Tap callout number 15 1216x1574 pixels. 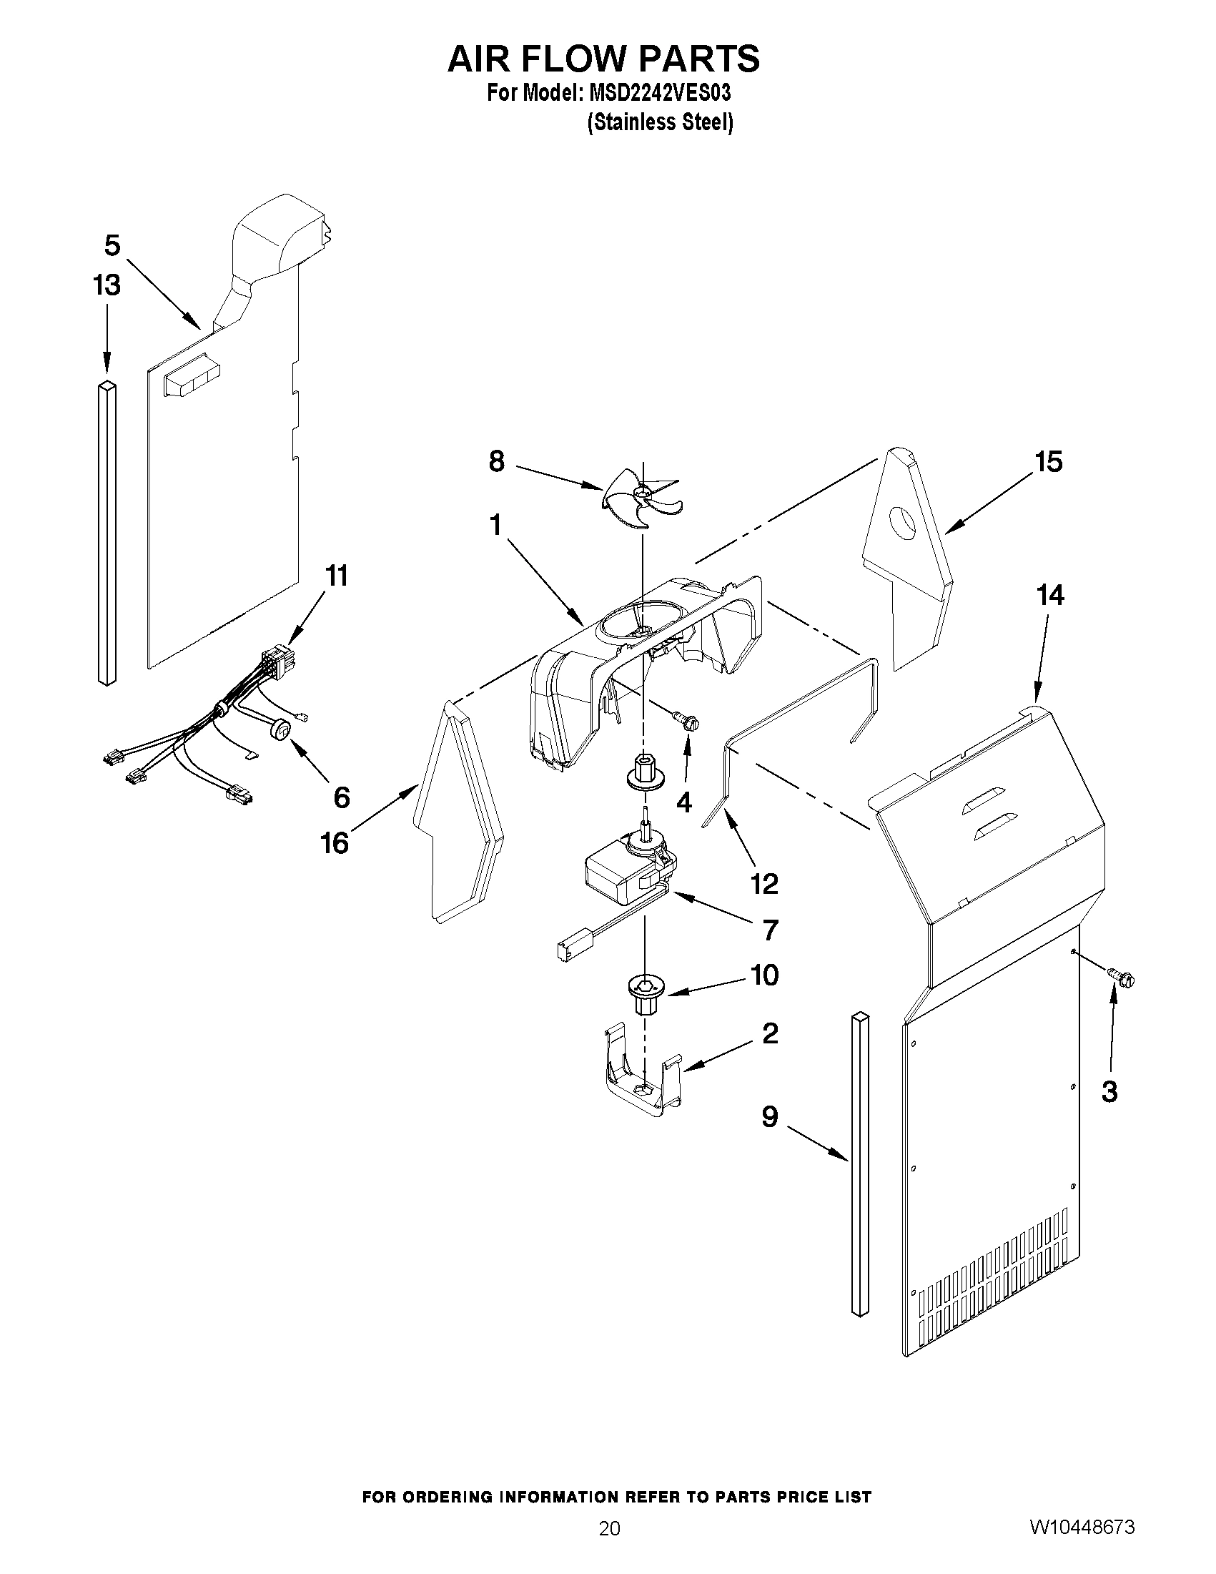point(1048,461)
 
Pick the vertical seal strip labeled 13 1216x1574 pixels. point(107,533)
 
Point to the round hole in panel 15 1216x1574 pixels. point(901,522)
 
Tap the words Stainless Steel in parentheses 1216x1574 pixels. point(660,122)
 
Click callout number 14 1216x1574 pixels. point(1049,595)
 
